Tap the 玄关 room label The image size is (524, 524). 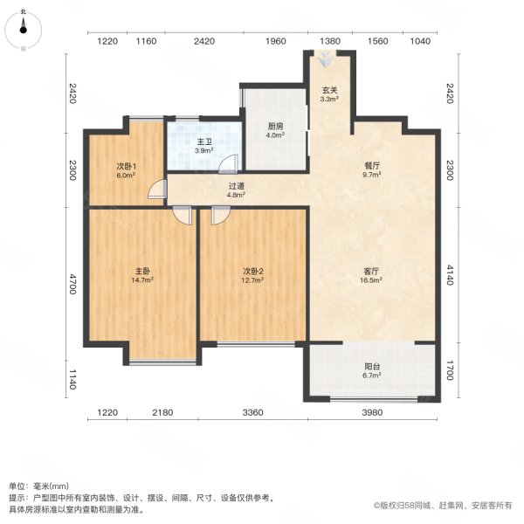pos(329,89)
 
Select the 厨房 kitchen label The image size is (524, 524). pos(275,125)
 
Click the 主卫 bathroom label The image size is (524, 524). pos(202,141)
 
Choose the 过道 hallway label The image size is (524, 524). pos(236,185)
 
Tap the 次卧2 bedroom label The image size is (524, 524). pos(252,271)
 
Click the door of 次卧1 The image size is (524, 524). pos(158,190)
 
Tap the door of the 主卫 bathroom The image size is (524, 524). pos(227,164)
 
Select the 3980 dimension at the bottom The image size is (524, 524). pos(374,413)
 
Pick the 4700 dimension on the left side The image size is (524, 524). pos(72,285)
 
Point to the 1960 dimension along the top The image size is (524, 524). pos(275,41)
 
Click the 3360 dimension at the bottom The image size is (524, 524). pos(252,413)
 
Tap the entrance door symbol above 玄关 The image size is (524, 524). pos(326,59)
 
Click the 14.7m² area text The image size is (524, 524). pos(141,280)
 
